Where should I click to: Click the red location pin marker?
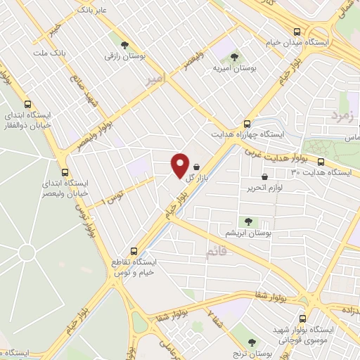click(x=180, y=165)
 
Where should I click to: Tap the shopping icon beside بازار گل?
click(x=205, y=167)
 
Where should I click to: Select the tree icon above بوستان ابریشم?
click(x=247, y=221)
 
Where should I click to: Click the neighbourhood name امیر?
click(x=154, y=82)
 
